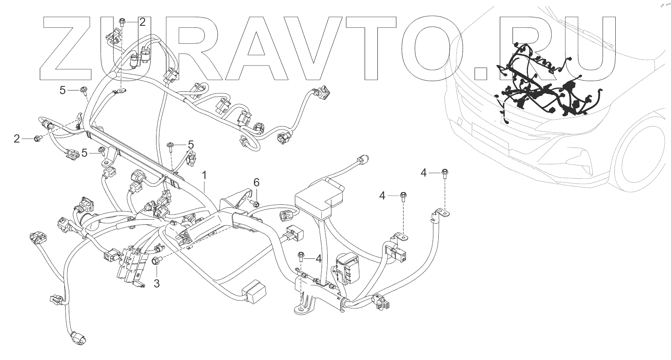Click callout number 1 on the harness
[x=204, y=176]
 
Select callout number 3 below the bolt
[x=156, y=283]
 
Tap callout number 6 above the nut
[x=256, y=182]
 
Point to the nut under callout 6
[x=254, y=203]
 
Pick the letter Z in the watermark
[x=68, y=49]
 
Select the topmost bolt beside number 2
[x=122, y=21]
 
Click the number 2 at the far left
[x=17, y=139]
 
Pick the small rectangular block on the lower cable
[x=255, y=291]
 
